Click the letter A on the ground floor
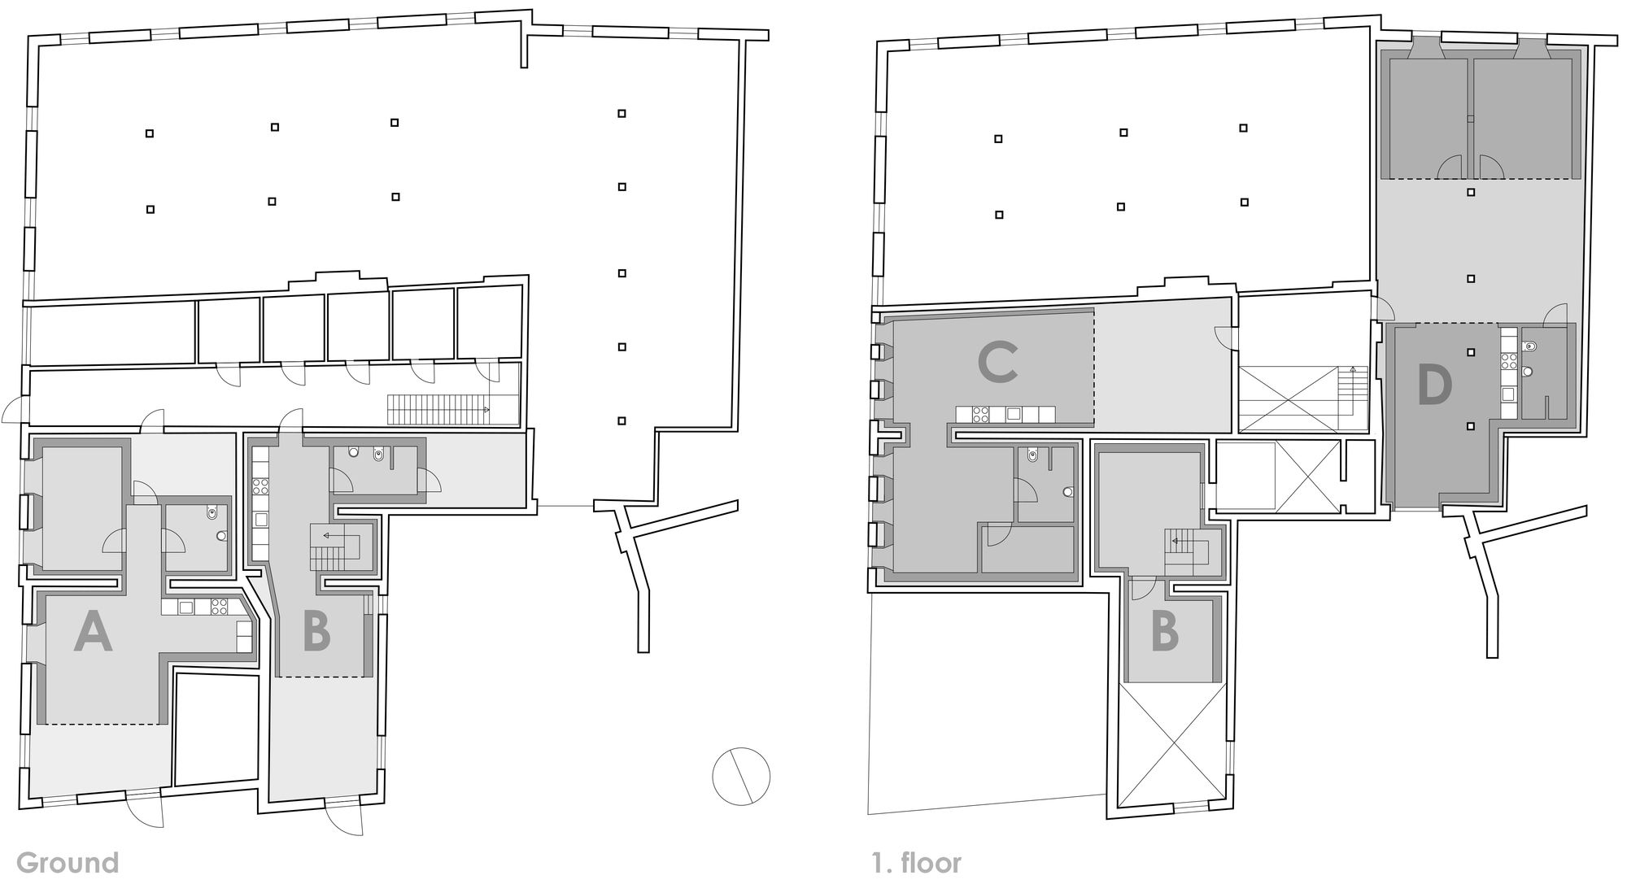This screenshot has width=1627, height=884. click(x=93, y=633)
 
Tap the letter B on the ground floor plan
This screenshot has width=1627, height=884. click(x=316, y=633)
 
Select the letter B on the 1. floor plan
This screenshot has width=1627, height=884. click(x=1166, y=633)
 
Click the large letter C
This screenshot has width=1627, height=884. click(x=998, y=363)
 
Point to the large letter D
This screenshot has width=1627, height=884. click(x=1435, y=385)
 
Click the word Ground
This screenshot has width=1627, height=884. click(x=68, y=862)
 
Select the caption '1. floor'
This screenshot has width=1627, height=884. click(x=917, y=862)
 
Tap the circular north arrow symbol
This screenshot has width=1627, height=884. click(x=741, y=776)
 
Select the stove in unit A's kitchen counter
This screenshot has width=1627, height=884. click(x=220, y=606)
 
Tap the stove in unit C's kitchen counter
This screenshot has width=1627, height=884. click(x=980, y=414)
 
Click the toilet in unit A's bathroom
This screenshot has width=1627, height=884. click(x=212, y=512)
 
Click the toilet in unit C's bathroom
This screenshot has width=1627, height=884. click(x=1032, y=455)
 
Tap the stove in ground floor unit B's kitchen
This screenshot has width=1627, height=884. click(x=261, y=486)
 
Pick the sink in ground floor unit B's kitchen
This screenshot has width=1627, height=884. click(x=261, y=519)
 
